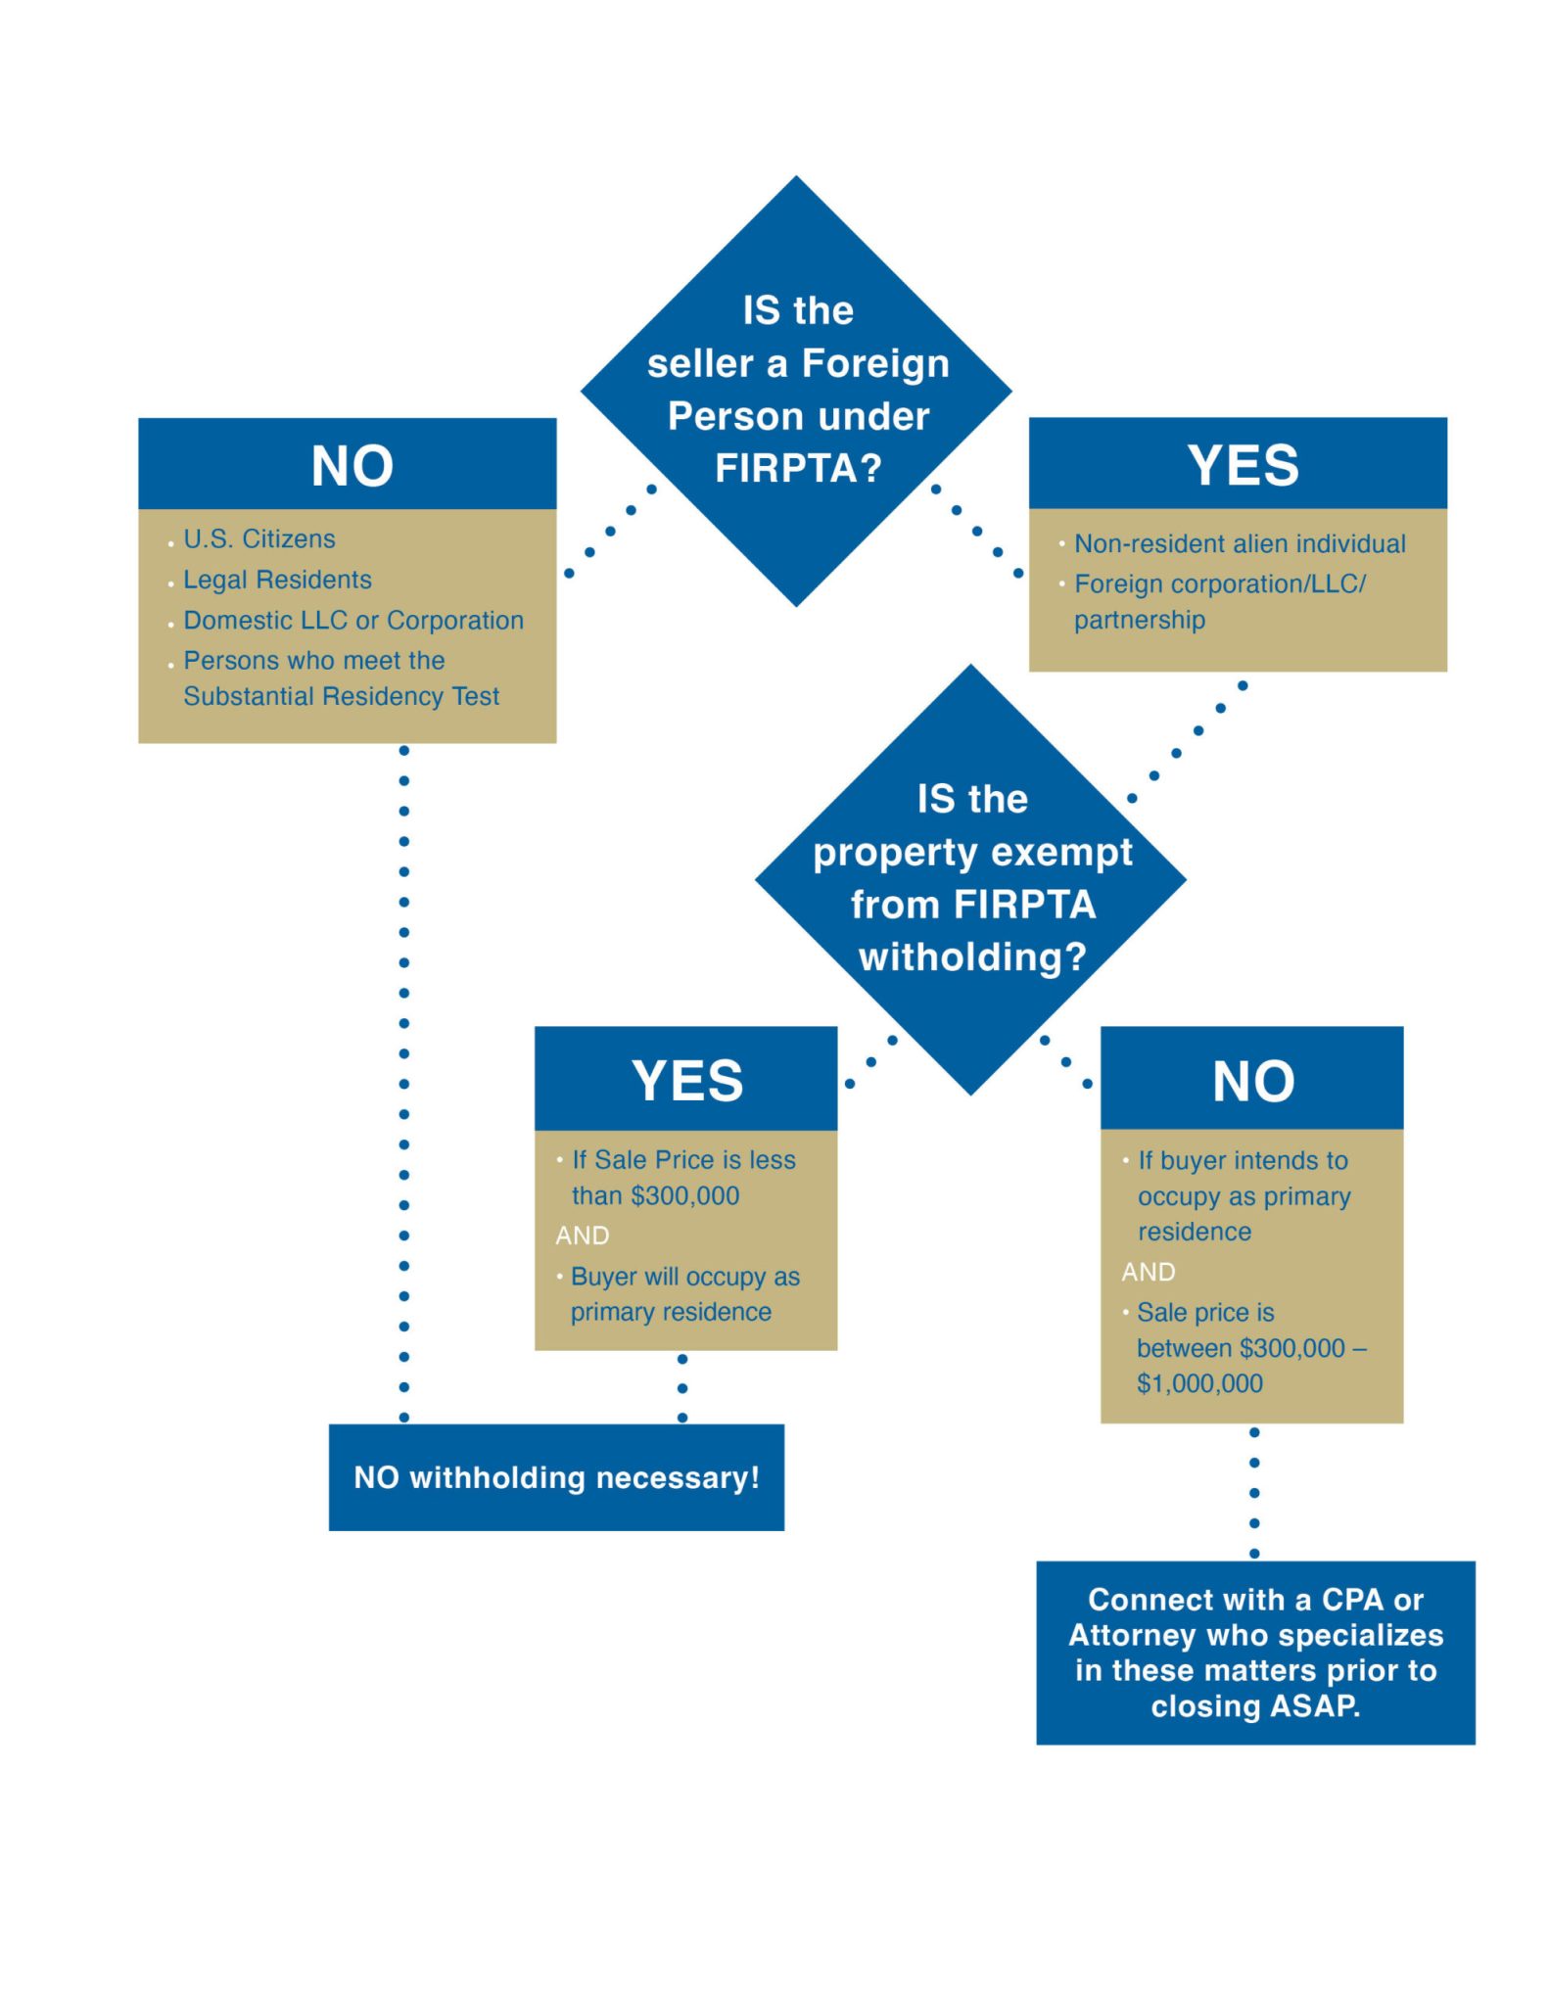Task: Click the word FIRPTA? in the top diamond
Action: point(798,468)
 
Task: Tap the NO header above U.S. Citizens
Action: point(352,465)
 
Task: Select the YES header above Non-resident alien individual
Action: point(1243,464)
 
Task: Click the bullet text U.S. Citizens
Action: point(259,538)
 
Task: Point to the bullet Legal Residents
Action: point(277,580)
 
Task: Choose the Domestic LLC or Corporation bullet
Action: point(353,621)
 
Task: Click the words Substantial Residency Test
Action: point(341,696)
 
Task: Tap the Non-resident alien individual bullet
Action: point(1240,543)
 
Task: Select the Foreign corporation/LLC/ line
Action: point(1219,584)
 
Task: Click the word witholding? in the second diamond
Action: point(972,956)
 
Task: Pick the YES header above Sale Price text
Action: point(687,1081)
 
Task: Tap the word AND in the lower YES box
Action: point(582,1236)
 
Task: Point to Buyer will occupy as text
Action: point(685,1277)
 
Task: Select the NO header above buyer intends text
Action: point(1252,1081)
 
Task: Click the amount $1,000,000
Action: point(1199,1383)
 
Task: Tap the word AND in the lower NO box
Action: point(1148,1272)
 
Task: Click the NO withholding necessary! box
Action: point(556,1477)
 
